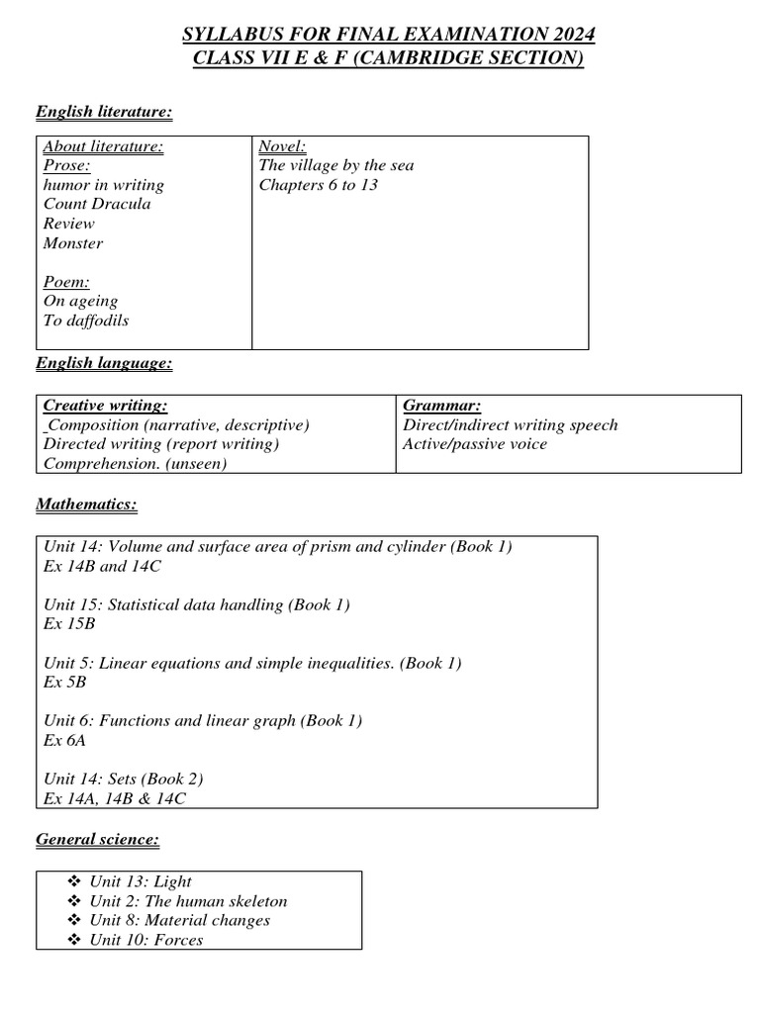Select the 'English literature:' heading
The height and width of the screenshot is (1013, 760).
point(104,112)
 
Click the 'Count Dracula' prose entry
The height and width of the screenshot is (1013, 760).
point(97,204)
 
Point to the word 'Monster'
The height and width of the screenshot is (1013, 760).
point(73,242)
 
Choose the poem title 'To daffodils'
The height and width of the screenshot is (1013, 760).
point(86,321)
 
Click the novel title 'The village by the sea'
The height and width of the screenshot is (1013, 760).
point(336,165)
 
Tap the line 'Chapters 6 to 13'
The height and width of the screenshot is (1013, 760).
point(319,185)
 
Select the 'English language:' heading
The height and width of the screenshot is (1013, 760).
point(104,364)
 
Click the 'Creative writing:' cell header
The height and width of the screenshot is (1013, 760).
point(106,406)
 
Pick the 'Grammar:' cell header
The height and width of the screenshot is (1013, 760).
point(442,406)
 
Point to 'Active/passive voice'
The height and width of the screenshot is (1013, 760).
point(475,444)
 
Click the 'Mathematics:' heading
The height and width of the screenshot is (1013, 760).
point(86,505)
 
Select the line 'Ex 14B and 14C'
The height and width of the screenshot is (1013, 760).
point(101,566)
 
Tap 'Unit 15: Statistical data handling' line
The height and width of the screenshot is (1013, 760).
point(197,604)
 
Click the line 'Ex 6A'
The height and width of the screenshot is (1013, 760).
point(66,741)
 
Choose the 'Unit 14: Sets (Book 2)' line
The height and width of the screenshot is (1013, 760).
point(125,780)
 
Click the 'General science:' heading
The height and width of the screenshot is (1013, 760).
point(97,840)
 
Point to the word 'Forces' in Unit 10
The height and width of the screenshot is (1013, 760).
point(179,940)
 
